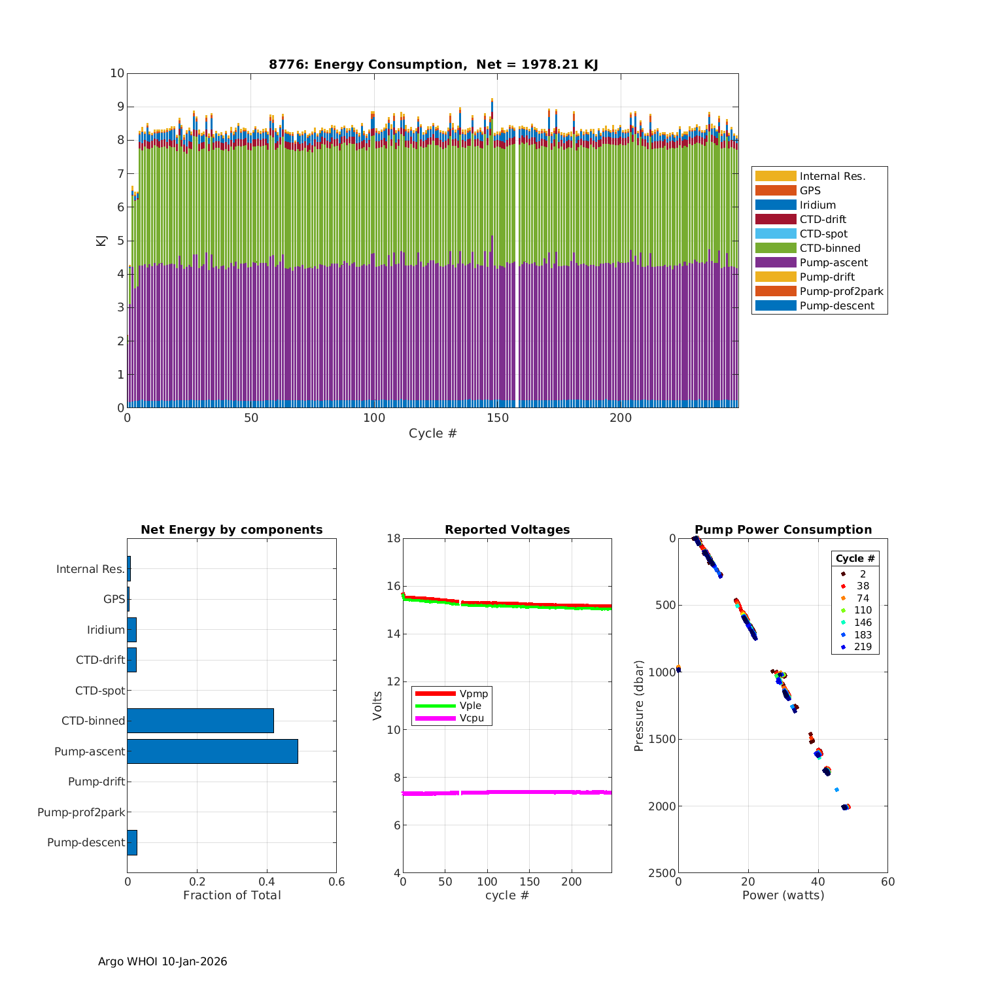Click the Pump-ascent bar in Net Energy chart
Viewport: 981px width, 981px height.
(x=213, y=751)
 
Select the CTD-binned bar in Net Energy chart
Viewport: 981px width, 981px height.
(x=200, y=721)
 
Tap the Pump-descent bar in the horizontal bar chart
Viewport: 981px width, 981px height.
(x=132, y=842)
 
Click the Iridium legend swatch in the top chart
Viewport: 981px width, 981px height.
(x=776, y=205)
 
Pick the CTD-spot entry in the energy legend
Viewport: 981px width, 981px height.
(x=823, y=233)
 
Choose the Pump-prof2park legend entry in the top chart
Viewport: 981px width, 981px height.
(x=841, y=291)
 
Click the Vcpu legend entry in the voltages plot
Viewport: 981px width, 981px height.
(x=472, y=718)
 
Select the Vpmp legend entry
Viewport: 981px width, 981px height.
(x=473, y=693)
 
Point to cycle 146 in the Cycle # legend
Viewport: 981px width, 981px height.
(x=863, y=623)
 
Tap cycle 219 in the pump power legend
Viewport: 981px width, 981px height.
(x=863, y=647)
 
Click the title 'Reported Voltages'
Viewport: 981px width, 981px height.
(x=507, y=530)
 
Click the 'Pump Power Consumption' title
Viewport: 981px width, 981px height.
(x=783, y=530)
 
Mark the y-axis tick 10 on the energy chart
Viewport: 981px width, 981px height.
(x=117, y=73)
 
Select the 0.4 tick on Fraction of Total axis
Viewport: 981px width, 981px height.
(x=267, y=882)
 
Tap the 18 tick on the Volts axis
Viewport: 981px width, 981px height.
(x=393, y=538)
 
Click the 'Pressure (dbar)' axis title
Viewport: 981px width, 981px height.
(x=639, y=706)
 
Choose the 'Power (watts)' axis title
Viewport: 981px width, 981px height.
(x=783, y=895)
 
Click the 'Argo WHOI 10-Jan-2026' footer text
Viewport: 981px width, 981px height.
(x=163, y=961)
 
